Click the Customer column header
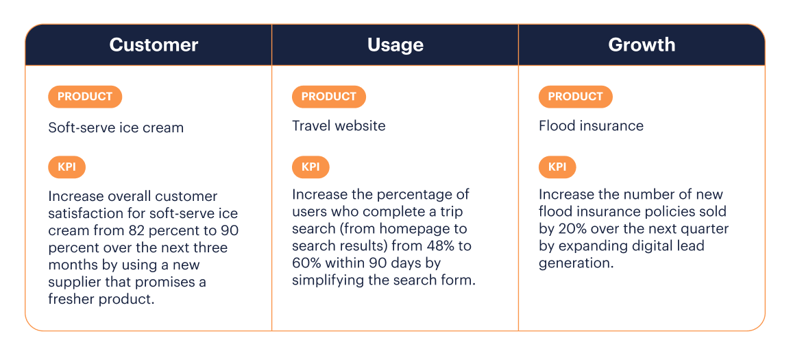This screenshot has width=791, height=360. (x=154, y=45)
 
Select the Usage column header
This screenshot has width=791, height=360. (x=395, y=45)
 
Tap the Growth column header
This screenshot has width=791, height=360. (x=642, y=45)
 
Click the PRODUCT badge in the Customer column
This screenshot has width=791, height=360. (x=85, y=97)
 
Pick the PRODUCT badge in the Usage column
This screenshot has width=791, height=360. (x=329, y=97)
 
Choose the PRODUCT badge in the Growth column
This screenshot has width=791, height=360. (x=576, y=97)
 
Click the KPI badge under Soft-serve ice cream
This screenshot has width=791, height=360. (x=66, y=167)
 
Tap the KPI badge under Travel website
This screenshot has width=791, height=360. (x=311, y=167)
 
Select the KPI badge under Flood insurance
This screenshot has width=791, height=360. (x=557, y=167)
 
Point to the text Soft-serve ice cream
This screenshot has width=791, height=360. (x=116, y=128)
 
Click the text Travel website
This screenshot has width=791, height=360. (x=339, y=126)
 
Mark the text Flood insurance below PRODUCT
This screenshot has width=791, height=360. (x=591, y=126)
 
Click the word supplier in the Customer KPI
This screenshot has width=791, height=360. (x=75, y=283)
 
